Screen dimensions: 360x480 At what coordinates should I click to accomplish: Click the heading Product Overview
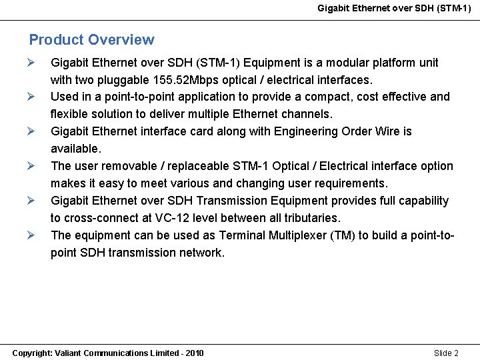coord(91,40)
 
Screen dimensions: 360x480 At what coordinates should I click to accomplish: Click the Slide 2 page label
coord(446,353)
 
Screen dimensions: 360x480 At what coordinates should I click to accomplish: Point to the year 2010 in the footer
coord(195,353)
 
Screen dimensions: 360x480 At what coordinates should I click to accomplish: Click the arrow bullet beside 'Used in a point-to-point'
coord(31,97)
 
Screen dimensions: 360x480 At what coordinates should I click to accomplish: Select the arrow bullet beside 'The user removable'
coord(31,167)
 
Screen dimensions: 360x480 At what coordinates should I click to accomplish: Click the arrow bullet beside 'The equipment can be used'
coord(31,235)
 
